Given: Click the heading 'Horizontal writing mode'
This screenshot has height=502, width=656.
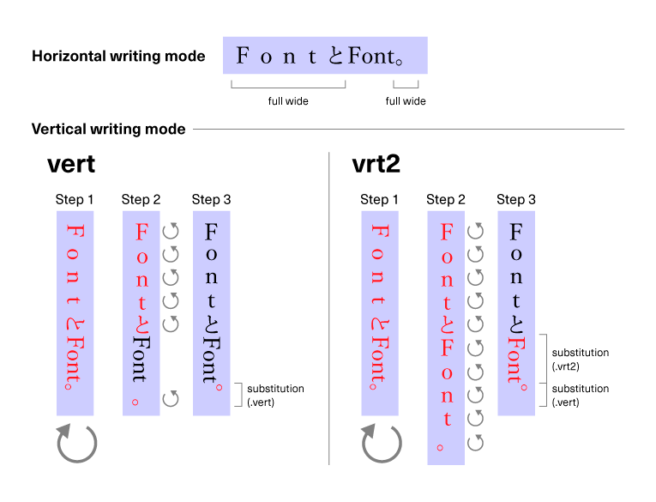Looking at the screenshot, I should pyautogui.click(x=118, y=57).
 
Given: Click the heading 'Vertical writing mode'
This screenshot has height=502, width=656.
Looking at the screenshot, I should pyautogui.click(x=108, y=130).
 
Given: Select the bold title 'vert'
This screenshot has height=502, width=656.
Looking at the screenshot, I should pyautogui.click(x=71, y=165).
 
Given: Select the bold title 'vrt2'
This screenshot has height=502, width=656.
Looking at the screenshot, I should pyautogui.click(x=376, y=165).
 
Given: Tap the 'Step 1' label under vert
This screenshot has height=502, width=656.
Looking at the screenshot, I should pyautogui.click(x=75, y=200).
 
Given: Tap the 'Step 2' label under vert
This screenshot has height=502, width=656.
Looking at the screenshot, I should pyautogui.click(x=141, y=200).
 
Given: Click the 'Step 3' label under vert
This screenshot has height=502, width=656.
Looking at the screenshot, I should pyautogui.click(x=211, y=200).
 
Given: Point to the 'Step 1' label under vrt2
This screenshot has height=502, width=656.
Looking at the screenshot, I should pyautogui.click(x=379, y=200).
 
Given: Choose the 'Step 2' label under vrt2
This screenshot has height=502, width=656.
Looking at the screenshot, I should pyautogui.click(x=446, y=200).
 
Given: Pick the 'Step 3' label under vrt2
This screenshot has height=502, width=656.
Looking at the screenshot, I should pyautogui.click(x=516, y=200).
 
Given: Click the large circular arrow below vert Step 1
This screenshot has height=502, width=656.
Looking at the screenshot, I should pyautogui.click(x=76, y=443).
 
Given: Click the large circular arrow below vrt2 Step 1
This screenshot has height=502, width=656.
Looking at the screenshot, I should pyautogui.click(x=381, y=443).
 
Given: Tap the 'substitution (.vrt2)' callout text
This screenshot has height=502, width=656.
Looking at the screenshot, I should pyautogui.click(x=581, y=359).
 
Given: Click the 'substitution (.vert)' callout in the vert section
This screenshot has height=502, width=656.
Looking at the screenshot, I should pyautogui.click(x=275, y=396).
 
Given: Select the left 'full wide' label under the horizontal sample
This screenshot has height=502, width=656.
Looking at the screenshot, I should pyautogui.click(x=288, y=101).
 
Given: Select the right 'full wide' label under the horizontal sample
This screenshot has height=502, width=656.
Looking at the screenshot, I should pyautogui.click(x=406, y=101).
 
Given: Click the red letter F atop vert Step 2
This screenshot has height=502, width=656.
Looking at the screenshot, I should pyautogui.click(x=142, y=232).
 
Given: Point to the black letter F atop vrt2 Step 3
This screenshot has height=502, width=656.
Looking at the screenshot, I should pyautogui.click(x=516, y=232).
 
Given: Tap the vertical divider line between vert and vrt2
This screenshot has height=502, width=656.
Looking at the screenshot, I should pyautogui.click(x=329, y=309).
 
